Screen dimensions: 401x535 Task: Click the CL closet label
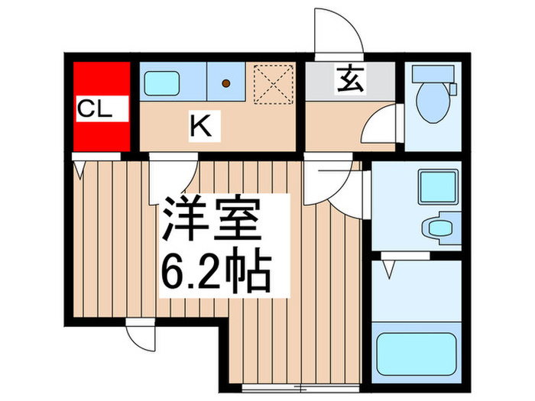(95, 109)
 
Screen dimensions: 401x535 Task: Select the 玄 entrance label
(351, 79)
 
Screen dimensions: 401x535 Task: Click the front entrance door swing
(338, 34)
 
